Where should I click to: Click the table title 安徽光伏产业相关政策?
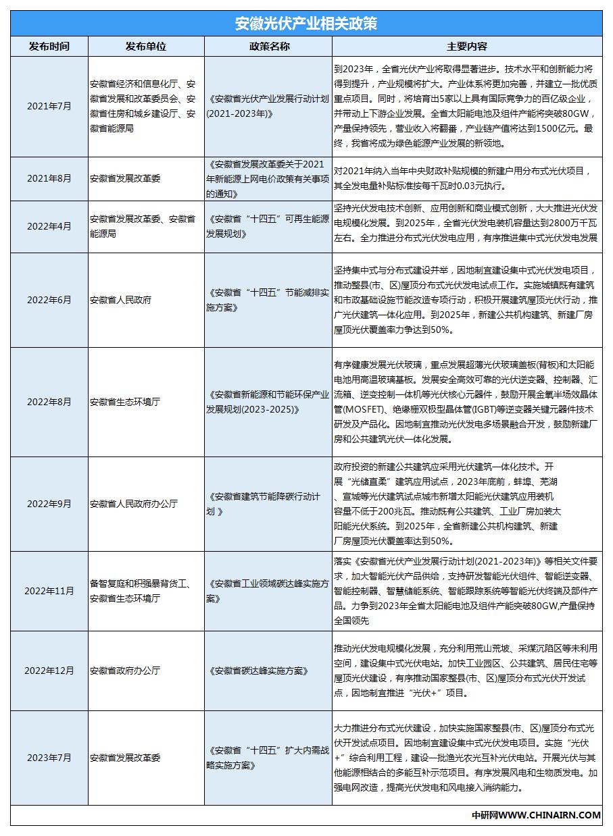tap(306, 24)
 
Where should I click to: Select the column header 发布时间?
tap(49, 47)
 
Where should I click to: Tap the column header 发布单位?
tap(145, 47)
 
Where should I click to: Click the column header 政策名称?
tap(269, 47)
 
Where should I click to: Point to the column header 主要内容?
tap(467, 47)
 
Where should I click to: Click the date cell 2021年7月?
tap(49, 106)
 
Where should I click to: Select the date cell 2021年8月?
tap(49, 179)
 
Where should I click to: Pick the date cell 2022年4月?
tap(49, 226)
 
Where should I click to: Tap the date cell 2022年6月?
tap(49, 300)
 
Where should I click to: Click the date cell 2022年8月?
tap(49, 402)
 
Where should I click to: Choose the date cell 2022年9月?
tap(49, 504)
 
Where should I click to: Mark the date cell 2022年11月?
tap(49, 591)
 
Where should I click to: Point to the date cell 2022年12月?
tap(49, 671)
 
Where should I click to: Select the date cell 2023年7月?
tap(49, 758)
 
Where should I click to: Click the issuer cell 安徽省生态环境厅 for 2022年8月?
tap(125, 402)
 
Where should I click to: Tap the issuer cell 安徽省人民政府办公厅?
tap(134, 504)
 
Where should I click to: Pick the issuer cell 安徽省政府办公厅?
tap(125, 671)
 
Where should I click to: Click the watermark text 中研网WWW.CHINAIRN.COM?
tap(536, 815)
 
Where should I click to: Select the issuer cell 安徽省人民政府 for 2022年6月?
tap(120, 300)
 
